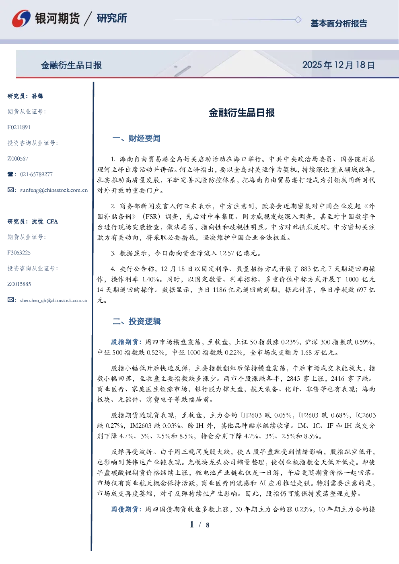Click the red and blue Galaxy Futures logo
[21, 18]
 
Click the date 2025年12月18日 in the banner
[338, 65]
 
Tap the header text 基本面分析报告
[339, 23]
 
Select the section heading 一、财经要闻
[136, 138]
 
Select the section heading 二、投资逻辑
[136, 321]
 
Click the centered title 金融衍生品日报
[242, 113]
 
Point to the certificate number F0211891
[19, 127]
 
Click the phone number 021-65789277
[36, 174]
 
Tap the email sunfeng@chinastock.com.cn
[54, 190]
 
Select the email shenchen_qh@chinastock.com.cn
[53, 300]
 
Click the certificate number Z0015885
[19, 284]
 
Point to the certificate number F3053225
[19, 252]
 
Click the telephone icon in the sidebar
[10, 174]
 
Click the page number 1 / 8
[199, 525]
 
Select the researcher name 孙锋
[37, 96]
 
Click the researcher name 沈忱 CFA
[45, 221]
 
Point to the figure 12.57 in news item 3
[227, 253]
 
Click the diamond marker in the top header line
[298, 20]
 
